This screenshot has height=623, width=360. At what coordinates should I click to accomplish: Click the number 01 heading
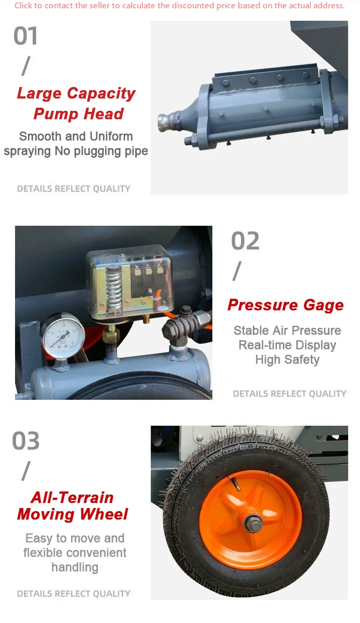click(26, 36)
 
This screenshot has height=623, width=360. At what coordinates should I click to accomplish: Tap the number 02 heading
click(245, 241)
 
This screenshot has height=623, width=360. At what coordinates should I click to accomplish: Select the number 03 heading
click(26, 441)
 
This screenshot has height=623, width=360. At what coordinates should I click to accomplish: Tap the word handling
click(75, 568)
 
